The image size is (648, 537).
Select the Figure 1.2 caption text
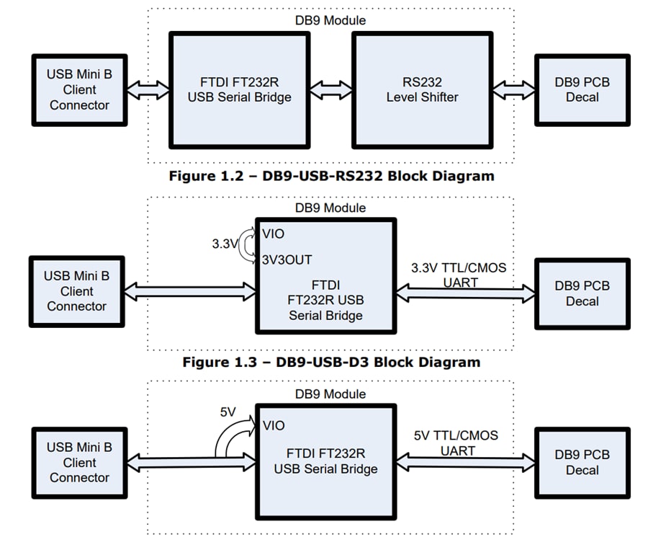tap(331, 176)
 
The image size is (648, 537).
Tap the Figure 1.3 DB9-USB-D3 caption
tap(331, 362)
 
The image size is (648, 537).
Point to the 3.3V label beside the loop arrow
tap(224, 244)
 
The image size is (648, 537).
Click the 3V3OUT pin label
tap(287, 259)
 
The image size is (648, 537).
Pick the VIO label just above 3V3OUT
tap(274, 234)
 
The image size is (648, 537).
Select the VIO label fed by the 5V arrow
tap(274, 425)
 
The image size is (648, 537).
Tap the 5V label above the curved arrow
tap(228, 413)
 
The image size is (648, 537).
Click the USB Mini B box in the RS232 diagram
tap(79, 90)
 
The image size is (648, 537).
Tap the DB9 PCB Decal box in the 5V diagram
tap(582, 462)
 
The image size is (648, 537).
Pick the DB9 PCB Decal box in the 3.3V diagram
tap(582, 293)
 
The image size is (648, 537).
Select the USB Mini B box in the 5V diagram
tap(79, 462)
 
